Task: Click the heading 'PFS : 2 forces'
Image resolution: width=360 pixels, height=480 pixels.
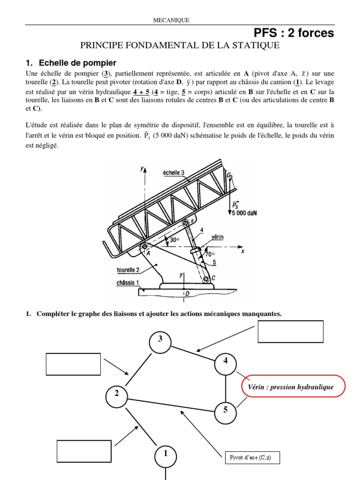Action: click(x=293, y=33)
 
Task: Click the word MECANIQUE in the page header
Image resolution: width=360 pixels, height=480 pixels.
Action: click(x=172, y=20)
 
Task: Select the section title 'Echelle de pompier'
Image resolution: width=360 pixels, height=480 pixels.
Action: click(x=77, y=62)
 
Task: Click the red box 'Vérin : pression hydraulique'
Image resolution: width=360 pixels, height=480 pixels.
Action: click(x=293, y=386)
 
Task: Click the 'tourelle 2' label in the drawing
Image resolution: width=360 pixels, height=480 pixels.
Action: click(x=128, y=270)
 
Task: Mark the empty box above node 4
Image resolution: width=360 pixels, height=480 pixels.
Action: click(x=291, y=331)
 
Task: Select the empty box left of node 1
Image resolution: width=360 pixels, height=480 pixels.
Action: click(x=84, y=451)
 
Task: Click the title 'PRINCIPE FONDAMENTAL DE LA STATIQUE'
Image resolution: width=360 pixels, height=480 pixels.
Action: click(x=180, y=45)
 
